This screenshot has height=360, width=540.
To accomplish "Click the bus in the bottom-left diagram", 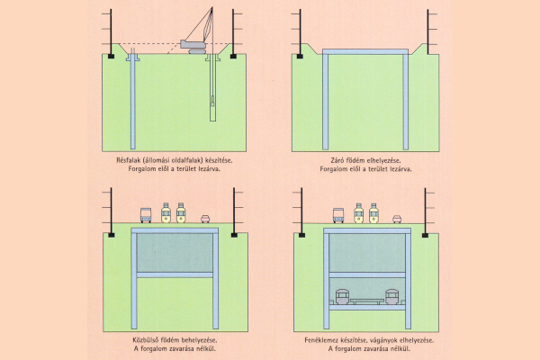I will pyautogui.click(x=145, y=215).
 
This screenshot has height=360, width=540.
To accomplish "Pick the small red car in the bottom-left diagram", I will pyautogui.click(x=204, y=218).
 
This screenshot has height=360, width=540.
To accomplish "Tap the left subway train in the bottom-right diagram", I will pyautogui.click(x=341, y=298).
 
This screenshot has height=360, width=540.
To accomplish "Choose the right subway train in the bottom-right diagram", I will pyautogui.click(x=391, y=298).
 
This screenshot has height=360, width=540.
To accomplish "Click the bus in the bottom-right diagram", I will pyautogui.click(x=338, y=215).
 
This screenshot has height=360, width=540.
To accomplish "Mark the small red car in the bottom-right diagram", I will pyautogui.click(x=397, y=218).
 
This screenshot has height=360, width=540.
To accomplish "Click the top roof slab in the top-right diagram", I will pyautogui.click(x=366, y=54).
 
